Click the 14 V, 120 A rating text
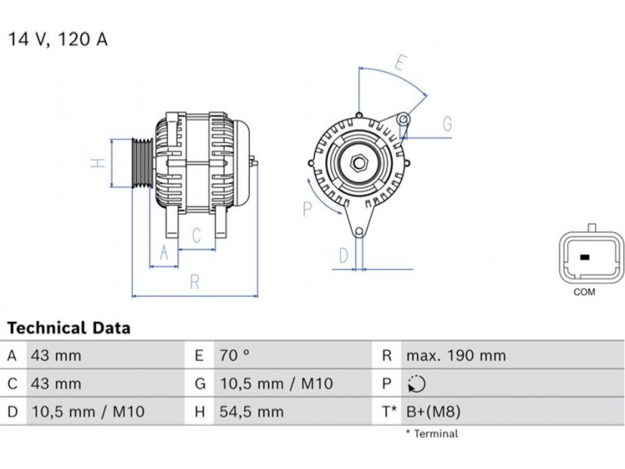[x=58, y=40]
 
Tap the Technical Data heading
[x=69, y=328]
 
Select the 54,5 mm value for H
[x=252, y=412]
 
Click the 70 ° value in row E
[x=234, y=355]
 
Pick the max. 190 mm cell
[x=456, y=355]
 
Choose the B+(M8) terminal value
[x=434, y=412]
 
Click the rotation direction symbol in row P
[x=416, y=384]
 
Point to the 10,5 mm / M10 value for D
[x=87, y=412]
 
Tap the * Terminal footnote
[x=432, y=434]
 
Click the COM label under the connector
[x=584, y=292]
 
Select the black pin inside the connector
[x=584, y=257]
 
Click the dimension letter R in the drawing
[x=195, y=282]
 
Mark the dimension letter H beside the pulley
[x=98, y=163]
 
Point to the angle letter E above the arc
[x=401, y=63]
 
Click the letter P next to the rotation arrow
[x=307, y=209]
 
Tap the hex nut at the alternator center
[x=359, y=163]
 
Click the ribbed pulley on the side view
[x=143, y=163]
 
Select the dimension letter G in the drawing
[x=448, y=124]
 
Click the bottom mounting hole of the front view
[x=359, y=231]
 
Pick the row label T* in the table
[x=389, y=412]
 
